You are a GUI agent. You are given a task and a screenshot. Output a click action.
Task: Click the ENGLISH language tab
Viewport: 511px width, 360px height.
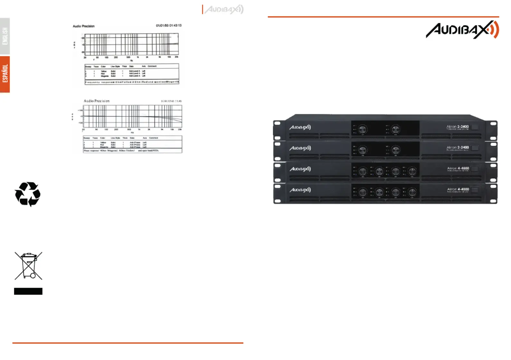(5, 36)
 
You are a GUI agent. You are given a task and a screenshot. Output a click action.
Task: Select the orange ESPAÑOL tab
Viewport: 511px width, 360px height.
(5, 74)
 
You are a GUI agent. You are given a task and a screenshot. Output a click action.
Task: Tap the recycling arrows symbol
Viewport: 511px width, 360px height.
(28, 194)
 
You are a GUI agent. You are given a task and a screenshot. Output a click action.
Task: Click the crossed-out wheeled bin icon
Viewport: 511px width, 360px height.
(28, 265)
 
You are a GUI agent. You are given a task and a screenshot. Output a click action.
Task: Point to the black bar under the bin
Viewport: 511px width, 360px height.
(28, 291)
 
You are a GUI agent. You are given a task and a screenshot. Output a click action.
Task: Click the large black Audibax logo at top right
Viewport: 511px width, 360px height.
(462, 30)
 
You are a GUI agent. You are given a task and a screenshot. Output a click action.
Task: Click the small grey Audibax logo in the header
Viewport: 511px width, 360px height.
(224, 10)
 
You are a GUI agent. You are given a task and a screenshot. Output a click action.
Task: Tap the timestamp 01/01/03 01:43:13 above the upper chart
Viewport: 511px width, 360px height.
(169, 25)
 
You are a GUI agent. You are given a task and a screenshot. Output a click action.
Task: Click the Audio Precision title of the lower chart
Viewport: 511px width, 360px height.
(97, 101)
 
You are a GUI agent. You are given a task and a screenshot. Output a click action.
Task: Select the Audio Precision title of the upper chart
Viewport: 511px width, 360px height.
(84, 26)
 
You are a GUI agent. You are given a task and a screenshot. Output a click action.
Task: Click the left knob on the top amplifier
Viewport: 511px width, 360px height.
(363, 129)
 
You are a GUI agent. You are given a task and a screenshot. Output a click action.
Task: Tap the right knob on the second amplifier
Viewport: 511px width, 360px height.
(395, 150)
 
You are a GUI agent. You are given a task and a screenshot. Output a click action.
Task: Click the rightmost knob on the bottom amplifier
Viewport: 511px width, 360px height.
(412, 192)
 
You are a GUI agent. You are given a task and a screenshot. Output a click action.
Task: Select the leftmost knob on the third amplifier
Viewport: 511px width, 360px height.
(363, 171)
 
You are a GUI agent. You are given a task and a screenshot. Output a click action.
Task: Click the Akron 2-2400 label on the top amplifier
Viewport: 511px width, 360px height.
(458, 127)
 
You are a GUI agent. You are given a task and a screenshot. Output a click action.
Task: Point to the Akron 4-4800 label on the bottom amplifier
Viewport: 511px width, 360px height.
(458, 189)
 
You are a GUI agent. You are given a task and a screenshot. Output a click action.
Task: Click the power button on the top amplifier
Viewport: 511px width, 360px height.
(475, 127)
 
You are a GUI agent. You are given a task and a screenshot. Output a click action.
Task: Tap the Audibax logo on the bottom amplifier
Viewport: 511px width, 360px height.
(300, 190)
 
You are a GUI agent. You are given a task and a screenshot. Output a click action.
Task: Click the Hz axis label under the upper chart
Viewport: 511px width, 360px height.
(131, 60)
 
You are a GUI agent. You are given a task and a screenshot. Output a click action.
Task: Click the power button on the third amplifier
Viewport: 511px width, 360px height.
(475, 169)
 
